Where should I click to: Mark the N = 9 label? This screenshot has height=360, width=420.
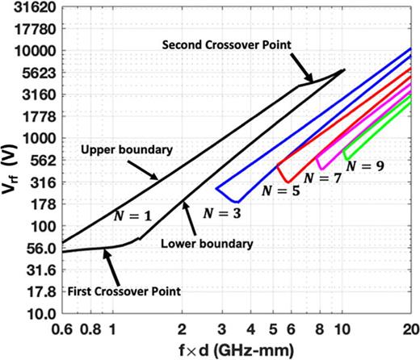(364, 165)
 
